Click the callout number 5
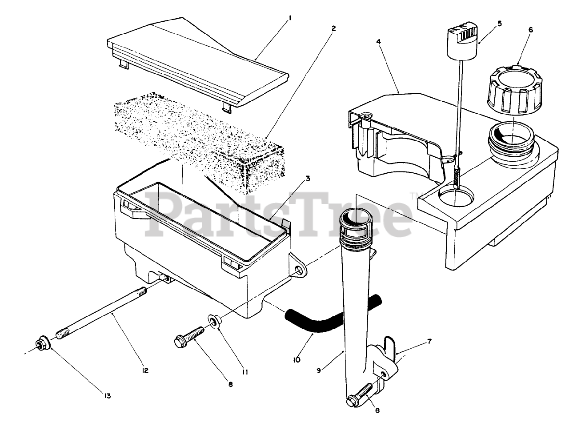click(499, 23)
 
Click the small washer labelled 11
click(214, 321)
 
